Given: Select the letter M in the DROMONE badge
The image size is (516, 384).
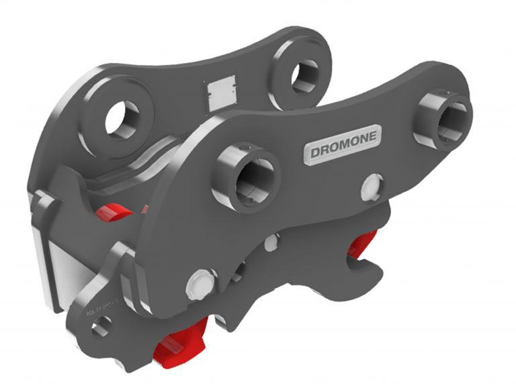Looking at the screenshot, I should [343, 142].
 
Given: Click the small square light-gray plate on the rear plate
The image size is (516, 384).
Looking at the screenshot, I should [219, 91].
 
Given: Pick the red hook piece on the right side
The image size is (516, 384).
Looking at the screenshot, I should [363, 245].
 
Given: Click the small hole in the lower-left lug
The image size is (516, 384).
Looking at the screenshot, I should [101, 329].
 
